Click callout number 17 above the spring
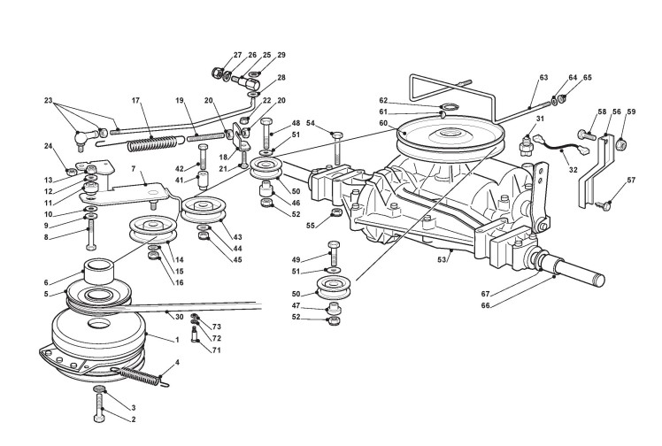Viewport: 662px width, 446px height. coord(135,100)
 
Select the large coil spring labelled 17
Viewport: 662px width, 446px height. coord(152,144)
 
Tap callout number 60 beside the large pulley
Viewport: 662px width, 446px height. coord(383,123)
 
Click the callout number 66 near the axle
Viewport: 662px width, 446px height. coord(486,305)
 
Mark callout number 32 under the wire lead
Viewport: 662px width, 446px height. coord(573,170)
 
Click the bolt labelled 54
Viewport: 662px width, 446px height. coord(337,148)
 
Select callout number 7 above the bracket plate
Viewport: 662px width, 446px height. coord(134,169)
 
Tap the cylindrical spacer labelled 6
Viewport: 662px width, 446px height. coord(100,273)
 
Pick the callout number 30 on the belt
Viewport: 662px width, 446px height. coord(180,317)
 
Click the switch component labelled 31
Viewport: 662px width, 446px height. coord(526,145)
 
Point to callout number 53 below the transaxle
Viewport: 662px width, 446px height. coord(442,260)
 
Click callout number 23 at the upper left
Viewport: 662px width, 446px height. coord(48,100)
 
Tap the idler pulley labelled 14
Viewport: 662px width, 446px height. coord(152,229)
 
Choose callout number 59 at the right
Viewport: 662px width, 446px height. coord(631,111)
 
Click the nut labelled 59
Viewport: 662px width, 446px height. coord(621,144)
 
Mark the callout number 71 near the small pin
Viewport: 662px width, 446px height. coord(216,350)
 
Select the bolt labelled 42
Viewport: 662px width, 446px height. coord(203,156)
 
